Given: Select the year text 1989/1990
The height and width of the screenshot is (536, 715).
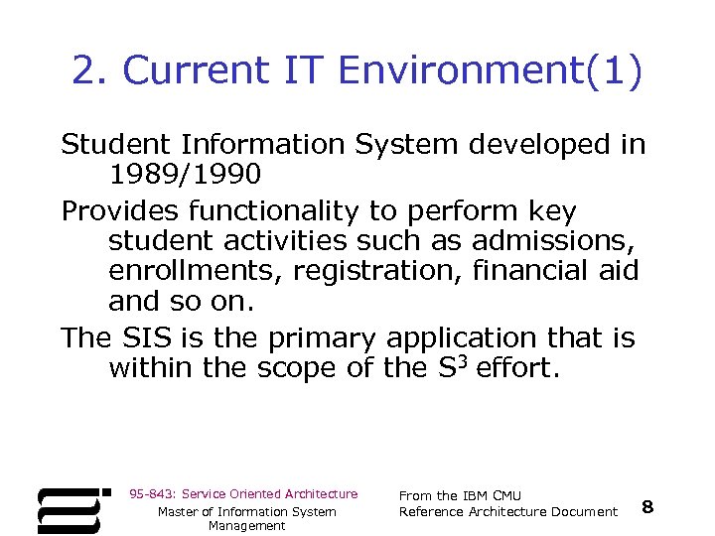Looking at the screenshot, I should coord(185,175).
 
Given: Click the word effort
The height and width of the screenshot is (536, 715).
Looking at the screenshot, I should coord(517,368).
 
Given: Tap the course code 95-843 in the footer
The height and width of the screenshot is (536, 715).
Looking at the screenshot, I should coord(150,493).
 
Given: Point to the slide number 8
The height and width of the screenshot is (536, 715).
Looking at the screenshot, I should coord(647,507).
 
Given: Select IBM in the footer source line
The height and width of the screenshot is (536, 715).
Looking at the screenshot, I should coord(478,495).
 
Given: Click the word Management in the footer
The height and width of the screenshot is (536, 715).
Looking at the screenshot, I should coord(246,526).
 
